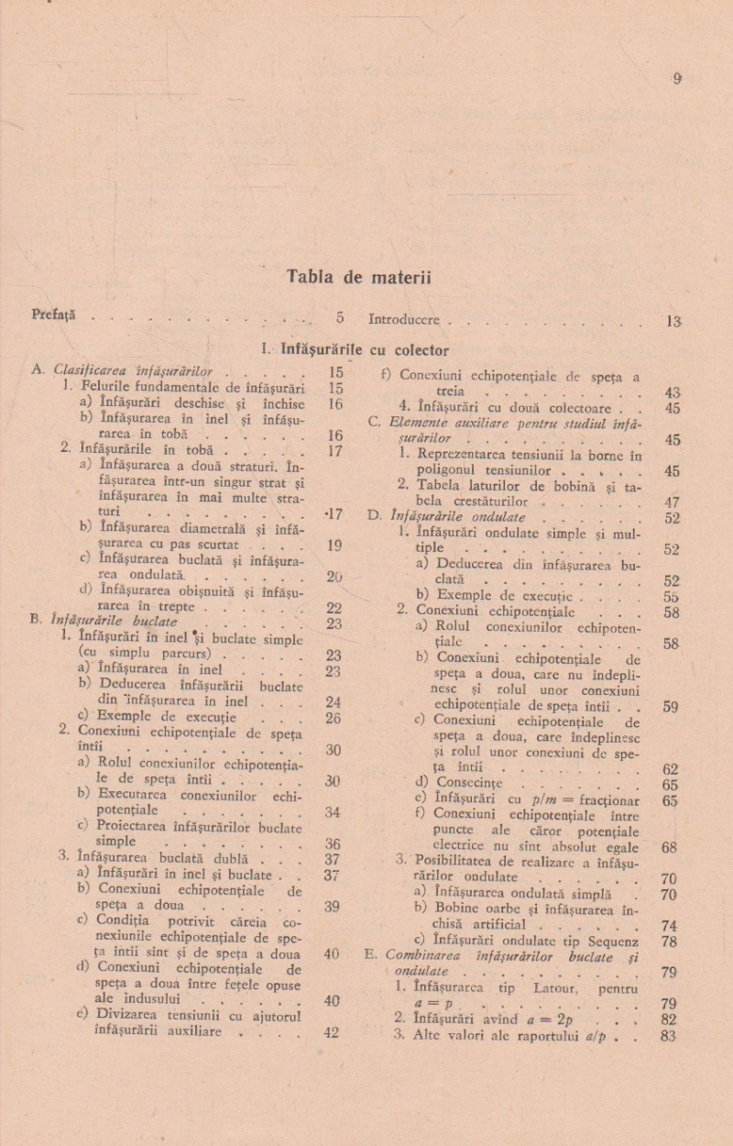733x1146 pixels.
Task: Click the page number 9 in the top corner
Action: [x=677, y=79]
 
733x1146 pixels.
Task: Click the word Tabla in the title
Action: [x=309, y=276]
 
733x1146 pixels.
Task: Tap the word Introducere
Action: [x=404, y=321]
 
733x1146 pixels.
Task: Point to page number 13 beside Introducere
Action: [x=673, y=322]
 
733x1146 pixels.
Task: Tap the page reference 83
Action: [x=668, y=1036]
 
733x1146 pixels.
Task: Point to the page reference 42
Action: [x=332, y=1032]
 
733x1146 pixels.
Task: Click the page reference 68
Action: [x=669, y=848]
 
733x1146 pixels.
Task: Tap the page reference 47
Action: [x=672, y=501]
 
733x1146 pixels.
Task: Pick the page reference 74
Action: [x=669, y=926]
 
